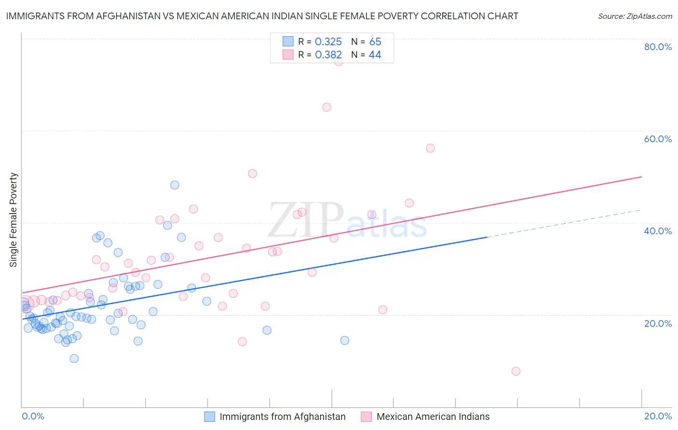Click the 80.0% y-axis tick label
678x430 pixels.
(x=658, y=47)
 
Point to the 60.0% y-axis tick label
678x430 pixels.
(x=658, y=139)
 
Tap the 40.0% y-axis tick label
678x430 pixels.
(x=658, y=231)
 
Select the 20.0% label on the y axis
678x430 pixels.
(x=658, y=323)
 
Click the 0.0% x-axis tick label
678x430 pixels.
(x=33, y=416)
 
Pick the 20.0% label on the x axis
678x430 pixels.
(x=658, y=416)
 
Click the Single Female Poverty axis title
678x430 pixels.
(x=14, y=220)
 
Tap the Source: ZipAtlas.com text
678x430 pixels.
(x=635, y=16)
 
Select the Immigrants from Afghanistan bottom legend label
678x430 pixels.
(x=283, y=417)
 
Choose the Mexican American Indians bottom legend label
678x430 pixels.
(x=433, y=417)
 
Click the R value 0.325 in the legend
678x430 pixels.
(x=328, y=42)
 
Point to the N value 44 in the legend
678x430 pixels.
(x=375, y=55)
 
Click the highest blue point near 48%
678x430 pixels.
(x=175, y=185)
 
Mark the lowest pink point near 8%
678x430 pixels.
(x=515, y=371)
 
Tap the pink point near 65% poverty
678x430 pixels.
(x=326, y=107)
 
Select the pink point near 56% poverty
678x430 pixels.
(x=430, y=148)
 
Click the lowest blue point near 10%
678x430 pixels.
(x=74, y=359)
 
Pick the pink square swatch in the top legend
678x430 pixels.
(x=288, y=54)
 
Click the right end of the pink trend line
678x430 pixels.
(x=641, y=177)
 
